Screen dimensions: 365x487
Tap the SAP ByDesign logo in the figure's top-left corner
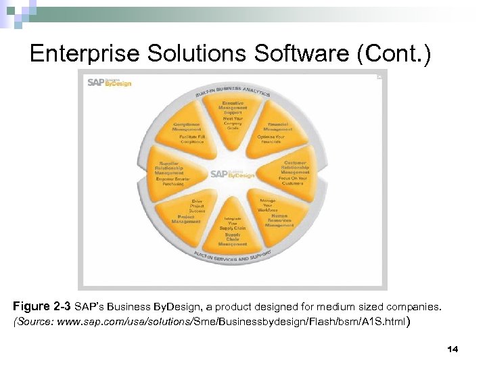click(109, 82)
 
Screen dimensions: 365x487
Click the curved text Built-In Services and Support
click(233, 258)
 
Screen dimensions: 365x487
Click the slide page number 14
click(453, 349)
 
